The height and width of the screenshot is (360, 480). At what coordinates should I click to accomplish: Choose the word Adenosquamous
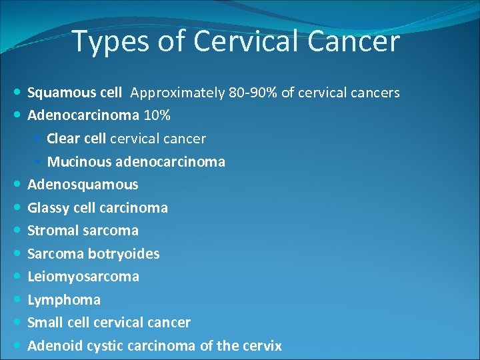[x=83, y=185]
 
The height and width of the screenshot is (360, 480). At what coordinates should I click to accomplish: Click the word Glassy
[x=47, y=207]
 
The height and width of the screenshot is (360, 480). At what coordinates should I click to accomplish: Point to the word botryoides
[x=124, y=253]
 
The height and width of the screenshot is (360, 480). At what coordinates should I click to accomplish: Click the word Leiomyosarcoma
[x=83, y=277]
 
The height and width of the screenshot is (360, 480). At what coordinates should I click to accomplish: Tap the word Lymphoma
[x=64, y=300]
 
